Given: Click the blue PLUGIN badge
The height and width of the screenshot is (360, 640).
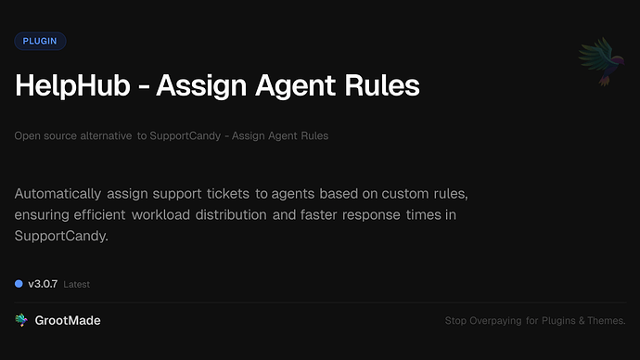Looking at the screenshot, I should pos(40,41).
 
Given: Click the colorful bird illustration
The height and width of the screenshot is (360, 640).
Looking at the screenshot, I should pos(598,61).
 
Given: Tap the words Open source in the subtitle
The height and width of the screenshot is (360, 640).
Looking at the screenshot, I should pos(42,135).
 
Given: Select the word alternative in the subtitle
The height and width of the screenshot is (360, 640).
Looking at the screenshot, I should pos(103,135).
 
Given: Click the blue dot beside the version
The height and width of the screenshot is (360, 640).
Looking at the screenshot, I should pos(19,283).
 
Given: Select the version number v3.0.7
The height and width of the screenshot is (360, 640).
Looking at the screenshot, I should pos(43,283).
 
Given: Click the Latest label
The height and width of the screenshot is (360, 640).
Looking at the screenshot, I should pos(77,284).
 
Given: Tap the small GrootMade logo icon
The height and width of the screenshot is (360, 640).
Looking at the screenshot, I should pos(21,320).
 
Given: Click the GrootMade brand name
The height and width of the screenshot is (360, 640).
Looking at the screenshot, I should pos(70,320).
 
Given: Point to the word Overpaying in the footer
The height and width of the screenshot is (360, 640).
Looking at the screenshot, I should pos(497,321).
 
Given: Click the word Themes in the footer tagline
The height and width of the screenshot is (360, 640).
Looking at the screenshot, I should pos(608,321).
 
